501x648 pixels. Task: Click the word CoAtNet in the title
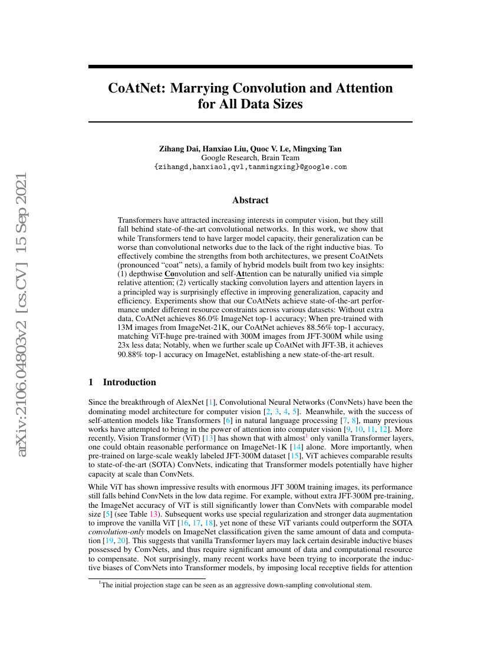pos(135,88)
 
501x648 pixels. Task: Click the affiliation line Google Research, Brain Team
pos(250,157)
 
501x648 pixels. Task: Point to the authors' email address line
pos(250,167)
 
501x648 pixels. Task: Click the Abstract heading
pos(250,200)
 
